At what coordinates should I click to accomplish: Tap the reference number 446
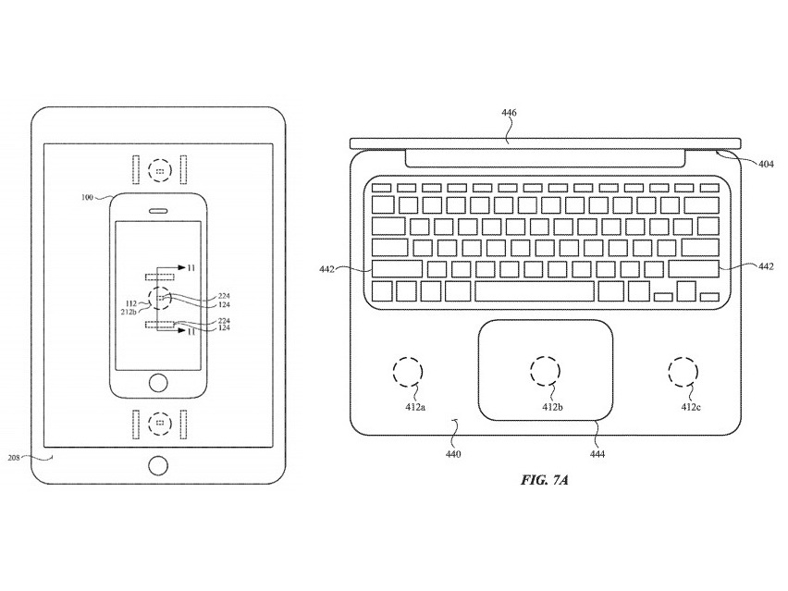tap(509, 113)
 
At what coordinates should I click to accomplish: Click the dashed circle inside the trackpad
tap(545, 371)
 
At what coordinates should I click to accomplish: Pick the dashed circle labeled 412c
tap(684, 372)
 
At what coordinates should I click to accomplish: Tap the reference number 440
tap(453, 454)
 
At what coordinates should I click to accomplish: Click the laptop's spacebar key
tap(535, 291)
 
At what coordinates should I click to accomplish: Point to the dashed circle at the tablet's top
tap(160, 172)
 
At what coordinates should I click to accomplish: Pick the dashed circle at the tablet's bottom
tap(160, 422)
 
